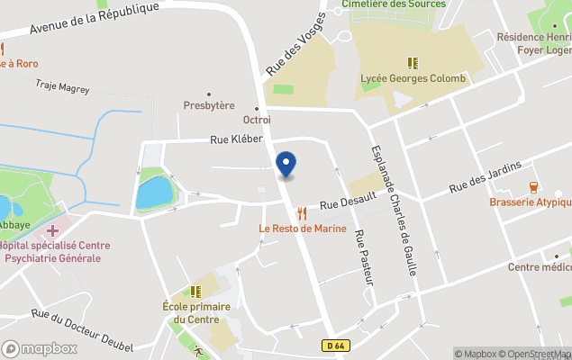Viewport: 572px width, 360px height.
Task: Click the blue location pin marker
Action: click(286, 164)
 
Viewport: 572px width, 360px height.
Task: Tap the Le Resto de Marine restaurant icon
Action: click(302, 213)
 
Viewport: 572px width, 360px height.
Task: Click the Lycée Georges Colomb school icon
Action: click(413, 63)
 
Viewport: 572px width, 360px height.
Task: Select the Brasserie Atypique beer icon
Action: click(533, 188)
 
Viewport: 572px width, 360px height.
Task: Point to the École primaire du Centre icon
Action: click(195, 292)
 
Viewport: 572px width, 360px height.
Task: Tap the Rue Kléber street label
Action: click(236, 139)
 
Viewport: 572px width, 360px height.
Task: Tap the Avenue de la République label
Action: click(94, 18)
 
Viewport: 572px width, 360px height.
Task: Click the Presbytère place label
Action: click(209, 105)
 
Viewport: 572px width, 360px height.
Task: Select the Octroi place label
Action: click(257, 120)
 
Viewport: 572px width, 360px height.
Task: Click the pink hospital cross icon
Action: click(53, 231)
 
